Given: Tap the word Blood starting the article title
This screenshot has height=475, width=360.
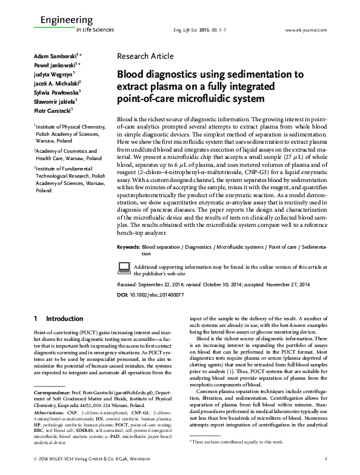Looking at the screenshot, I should click(x=130, y=75).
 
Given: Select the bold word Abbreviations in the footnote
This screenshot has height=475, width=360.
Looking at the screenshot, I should click(x=50, y=410).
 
